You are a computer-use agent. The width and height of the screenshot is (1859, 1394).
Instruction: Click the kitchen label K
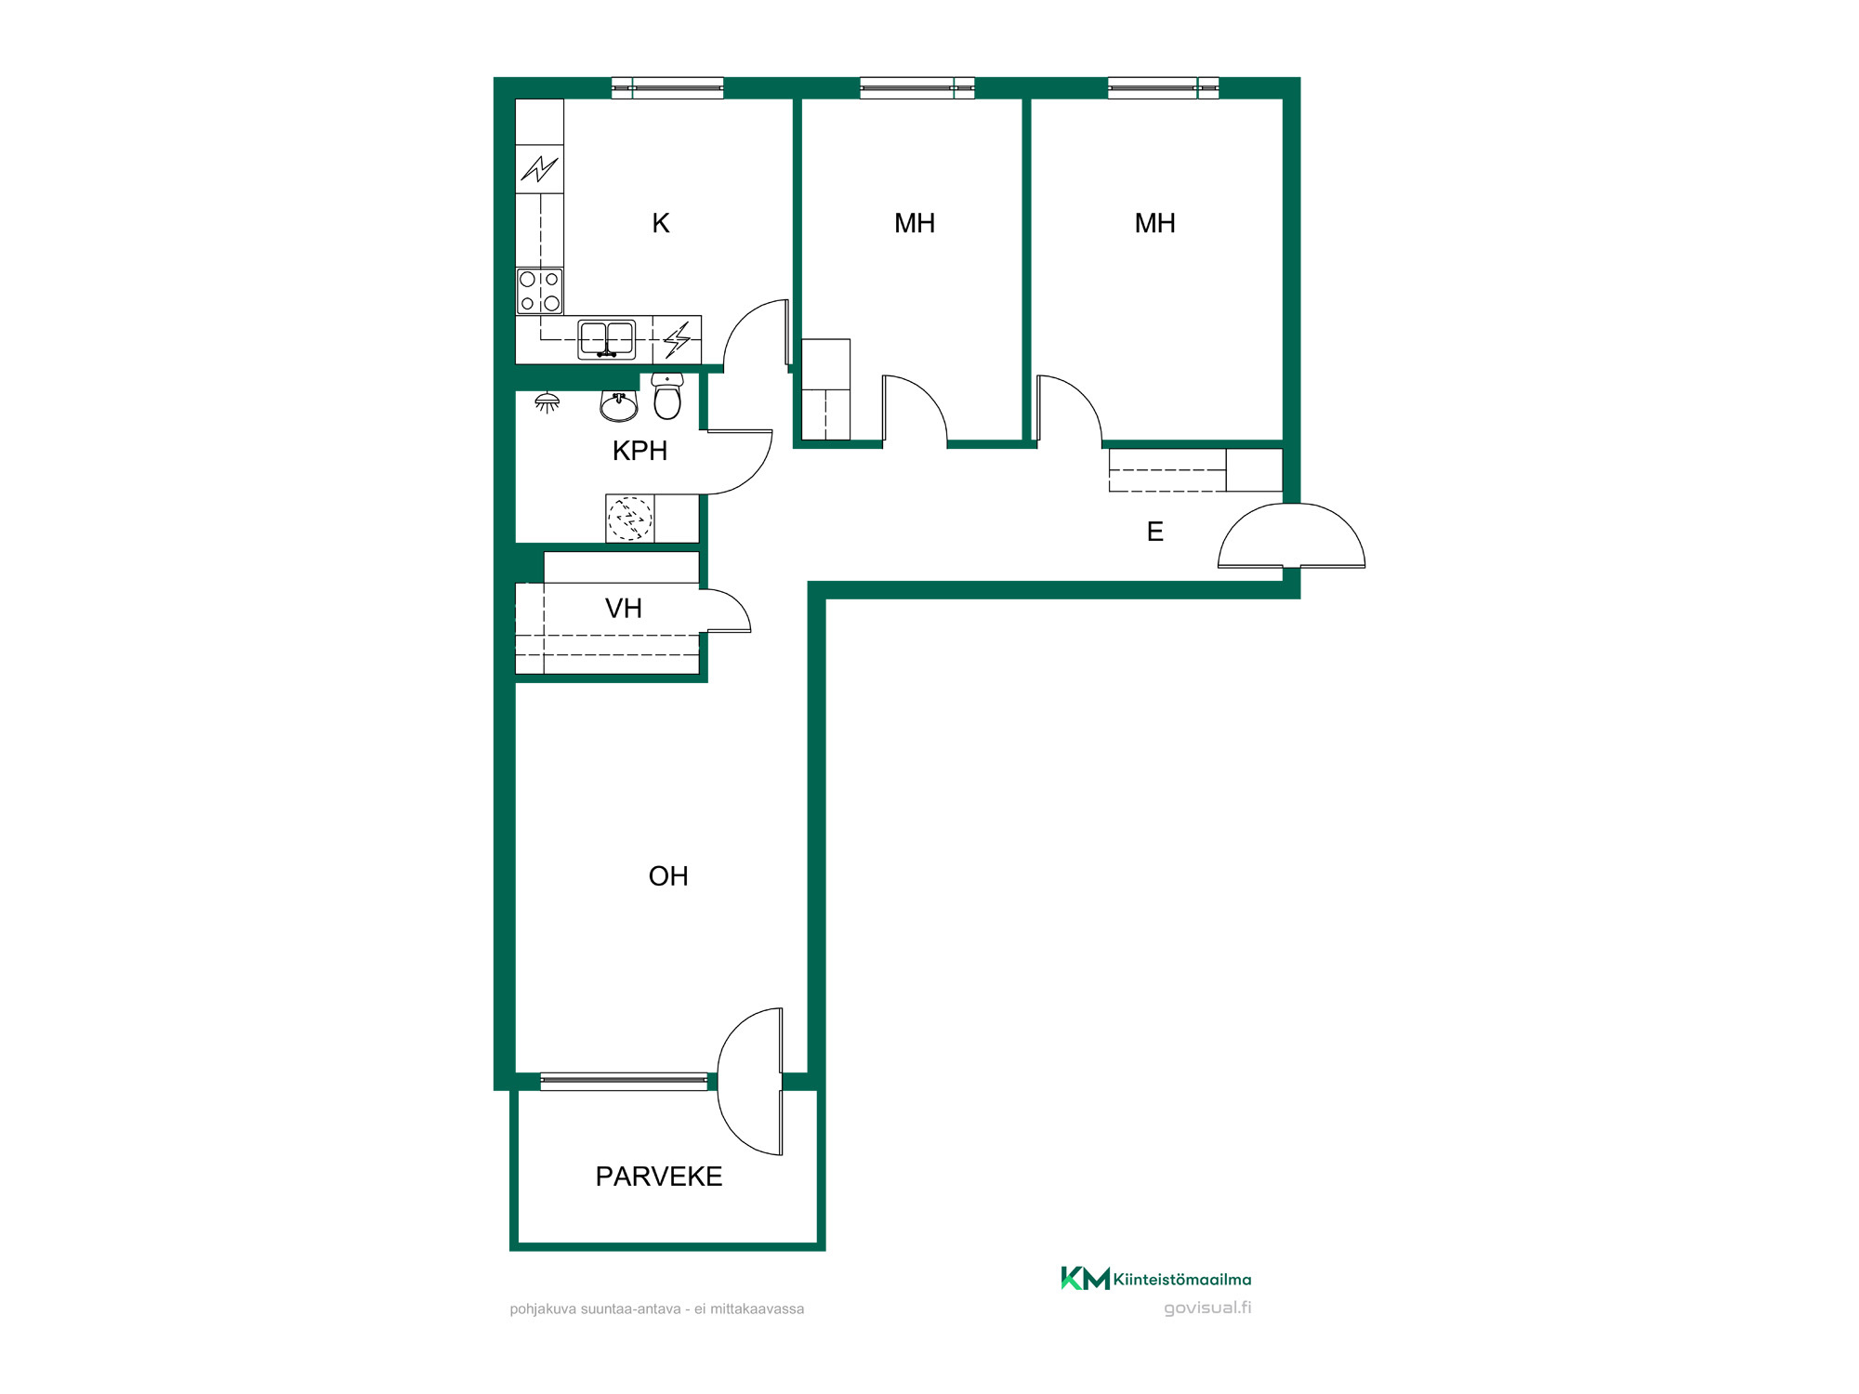click(x=661, y=223)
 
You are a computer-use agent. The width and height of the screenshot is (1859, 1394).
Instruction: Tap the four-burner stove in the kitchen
click(x=540, y=291)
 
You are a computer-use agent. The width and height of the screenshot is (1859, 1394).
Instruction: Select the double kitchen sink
click(x=607, y=339)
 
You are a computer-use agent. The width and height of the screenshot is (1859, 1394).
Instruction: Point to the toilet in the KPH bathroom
click(x=667, y=396)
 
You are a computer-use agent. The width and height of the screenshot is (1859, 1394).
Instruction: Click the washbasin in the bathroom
click(x=619, y=406)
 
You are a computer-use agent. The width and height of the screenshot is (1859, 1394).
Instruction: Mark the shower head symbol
click(x=547, y=402)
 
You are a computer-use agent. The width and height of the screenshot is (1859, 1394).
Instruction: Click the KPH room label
click(x=639, y=451)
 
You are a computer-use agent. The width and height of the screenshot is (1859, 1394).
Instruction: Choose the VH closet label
click(x=624, y=609)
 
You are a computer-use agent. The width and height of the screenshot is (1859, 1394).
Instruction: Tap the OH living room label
click(x=668, y=876)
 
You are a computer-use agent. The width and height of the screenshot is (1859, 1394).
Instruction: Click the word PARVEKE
click(x=659, y=1177)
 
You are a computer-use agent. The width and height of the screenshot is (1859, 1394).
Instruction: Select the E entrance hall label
click(x=1155, y=532)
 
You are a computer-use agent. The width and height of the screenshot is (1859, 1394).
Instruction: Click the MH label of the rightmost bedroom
click(x=1155, y=223)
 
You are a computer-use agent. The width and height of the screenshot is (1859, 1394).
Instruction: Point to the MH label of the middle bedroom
click(x=915, y=223)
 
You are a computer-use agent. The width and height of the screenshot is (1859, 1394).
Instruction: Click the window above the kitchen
click(x=667, y=88)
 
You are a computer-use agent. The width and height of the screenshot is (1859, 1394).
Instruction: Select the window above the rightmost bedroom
click(x=1163, y=88)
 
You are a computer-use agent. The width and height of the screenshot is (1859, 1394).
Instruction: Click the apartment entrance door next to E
click(x=1291, y=536)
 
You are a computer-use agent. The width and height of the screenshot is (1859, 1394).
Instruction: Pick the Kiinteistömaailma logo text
click(x=1182, y=1280)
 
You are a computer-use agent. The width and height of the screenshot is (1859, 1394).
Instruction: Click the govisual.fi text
click(x=1207, y=1308)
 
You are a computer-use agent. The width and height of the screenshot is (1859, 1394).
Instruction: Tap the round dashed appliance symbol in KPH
click(x=630, y=519)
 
